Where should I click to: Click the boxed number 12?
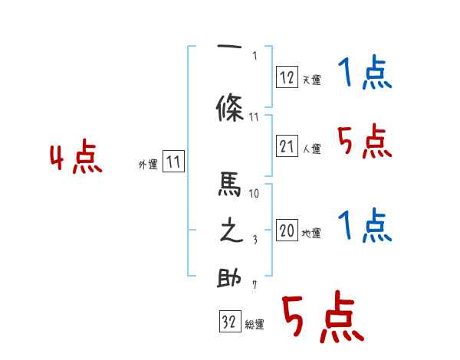click(287, 77)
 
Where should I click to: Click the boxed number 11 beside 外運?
click(174, 162)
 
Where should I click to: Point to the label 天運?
click(311, 80)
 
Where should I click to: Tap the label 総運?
click(255, 325)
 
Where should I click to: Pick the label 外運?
click(148, 164)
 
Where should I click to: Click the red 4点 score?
click(75, 159)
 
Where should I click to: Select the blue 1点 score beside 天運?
click(364, 74)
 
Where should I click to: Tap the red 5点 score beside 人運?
click(364, 142)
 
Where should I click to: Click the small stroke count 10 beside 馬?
click(255, 194)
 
